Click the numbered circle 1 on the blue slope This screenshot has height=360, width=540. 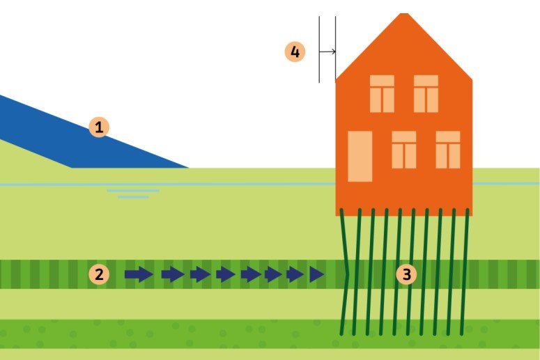(99, 127)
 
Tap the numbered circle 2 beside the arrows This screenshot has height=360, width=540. (99, 274)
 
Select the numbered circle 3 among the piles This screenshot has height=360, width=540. (406, 274)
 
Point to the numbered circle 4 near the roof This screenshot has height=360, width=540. (295, 52)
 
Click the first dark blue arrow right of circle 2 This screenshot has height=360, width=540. (139, 274)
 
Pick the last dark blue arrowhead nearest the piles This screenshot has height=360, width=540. (317, 274)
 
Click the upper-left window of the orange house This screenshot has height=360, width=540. (382, 93)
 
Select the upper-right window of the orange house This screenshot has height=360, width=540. (426, 93)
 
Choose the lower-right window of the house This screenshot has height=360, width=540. (448, 149)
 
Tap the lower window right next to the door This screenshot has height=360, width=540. (404, 149)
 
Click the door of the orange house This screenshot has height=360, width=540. (360, 156)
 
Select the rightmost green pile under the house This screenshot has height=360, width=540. (465, 272)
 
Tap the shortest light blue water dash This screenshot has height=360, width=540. (133, 197)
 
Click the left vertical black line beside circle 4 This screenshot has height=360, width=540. (319, 49)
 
